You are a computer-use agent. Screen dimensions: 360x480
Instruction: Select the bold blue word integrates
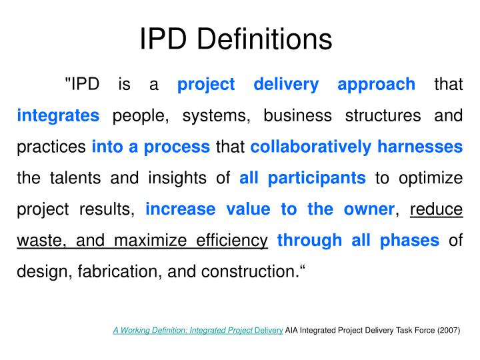[x=58, y=115]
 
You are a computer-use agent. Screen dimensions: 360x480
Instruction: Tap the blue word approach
[x=376, y=85]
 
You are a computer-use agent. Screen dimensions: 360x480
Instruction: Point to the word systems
[x=214, y=115]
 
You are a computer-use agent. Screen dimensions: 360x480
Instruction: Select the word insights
[x=177, y=178]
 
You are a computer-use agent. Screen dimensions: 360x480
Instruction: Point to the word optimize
[x=431, y=178]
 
